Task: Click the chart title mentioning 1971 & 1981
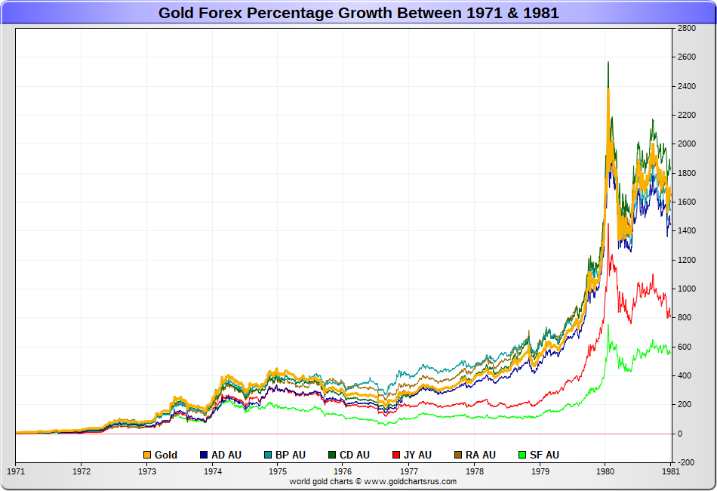[358, 13]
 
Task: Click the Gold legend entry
[161, 455]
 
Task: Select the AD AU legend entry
[220, 455]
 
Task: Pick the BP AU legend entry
[285, 455]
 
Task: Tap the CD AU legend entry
[348, 455]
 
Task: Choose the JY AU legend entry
[411, 455]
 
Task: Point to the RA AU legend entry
[475, 455]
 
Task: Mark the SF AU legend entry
[539, 455]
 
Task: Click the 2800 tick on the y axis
[686, 29]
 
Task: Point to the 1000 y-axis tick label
[686, 289]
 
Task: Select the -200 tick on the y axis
[686, 462]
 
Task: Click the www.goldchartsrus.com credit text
[373, 481]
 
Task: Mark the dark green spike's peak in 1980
[608, 62]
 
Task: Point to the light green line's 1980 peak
[608, 326]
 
